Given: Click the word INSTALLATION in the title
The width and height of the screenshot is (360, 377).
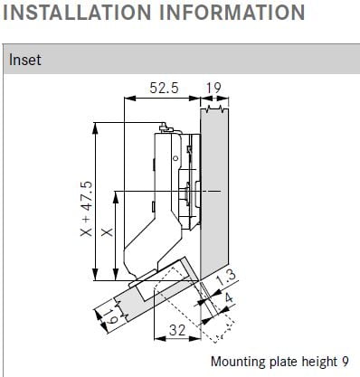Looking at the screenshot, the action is coord(77,12).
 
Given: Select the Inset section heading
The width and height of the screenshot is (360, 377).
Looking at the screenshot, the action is coord(24,60).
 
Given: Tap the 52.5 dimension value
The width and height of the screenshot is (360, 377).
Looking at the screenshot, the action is coord(165,88).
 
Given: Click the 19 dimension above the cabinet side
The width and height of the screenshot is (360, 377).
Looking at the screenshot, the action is coord(213,88).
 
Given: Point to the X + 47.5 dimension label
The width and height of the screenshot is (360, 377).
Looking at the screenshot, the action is coord(87,209).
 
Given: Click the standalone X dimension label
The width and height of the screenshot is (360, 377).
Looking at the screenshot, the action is coord(107,232).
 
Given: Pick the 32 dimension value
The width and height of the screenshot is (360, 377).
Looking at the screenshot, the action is coord(177,330).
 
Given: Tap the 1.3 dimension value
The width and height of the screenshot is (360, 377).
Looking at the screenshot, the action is coord(225,278).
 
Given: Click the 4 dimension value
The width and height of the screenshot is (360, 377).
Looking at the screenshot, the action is coord(229,298).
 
